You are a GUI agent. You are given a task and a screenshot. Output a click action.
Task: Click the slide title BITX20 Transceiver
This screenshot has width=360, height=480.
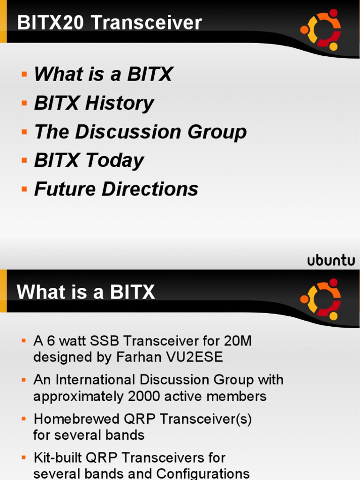pos(109,23)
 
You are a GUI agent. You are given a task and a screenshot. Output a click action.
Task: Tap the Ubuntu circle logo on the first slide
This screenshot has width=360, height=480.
pos(321,29)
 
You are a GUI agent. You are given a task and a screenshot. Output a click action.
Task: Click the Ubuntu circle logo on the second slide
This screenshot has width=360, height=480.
pos(321,299)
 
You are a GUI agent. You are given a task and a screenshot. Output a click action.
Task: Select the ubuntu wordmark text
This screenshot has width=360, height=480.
pos(331,261)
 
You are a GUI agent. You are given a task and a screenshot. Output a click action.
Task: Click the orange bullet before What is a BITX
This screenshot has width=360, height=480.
pos(24,75)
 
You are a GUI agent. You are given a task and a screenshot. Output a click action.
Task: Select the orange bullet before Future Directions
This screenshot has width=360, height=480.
pos(24,189)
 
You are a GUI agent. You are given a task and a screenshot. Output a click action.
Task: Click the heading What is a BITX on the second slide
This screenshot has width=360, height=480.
pos(86,292)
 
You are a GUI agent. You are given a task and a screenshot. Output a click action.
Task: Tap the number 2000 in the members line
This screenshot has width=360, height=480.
pos(144,396)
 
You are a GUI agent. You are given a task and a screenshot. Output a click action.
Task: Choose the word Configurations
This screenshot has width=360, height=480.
pos(202,473)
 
